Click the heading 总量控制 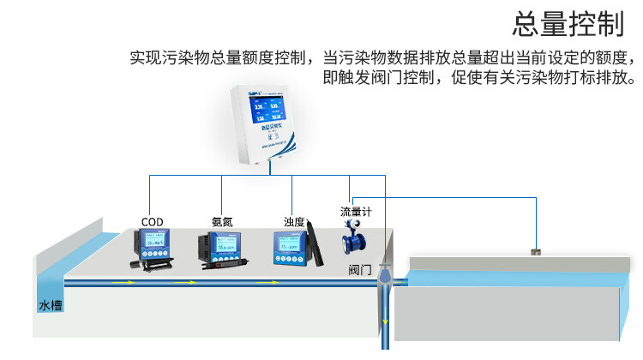[568, 24]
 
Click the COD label [152, 221]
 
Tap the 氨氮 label [223, 221]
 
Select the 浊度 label [294, 221]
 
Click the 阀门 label [360, 269]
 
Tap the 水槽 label [50, 305]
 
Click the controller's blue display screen [269, 111]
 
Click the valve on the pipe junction [385, 275]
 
